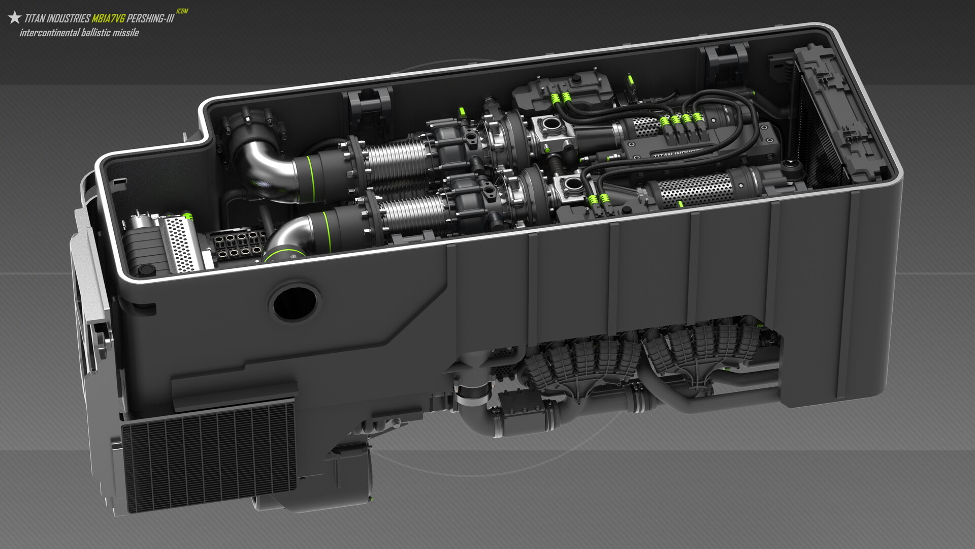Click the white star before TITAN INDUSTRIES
[x=15, y=18]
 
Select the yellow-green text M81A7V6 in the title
[x=108, y=19]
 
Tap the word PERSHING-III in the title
[x=150, y=19]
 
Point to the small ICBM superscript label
[x=182, y=11]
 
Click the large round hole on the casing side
[x=294, y=303]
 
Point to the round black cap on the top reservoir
[x=577, y=79]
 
